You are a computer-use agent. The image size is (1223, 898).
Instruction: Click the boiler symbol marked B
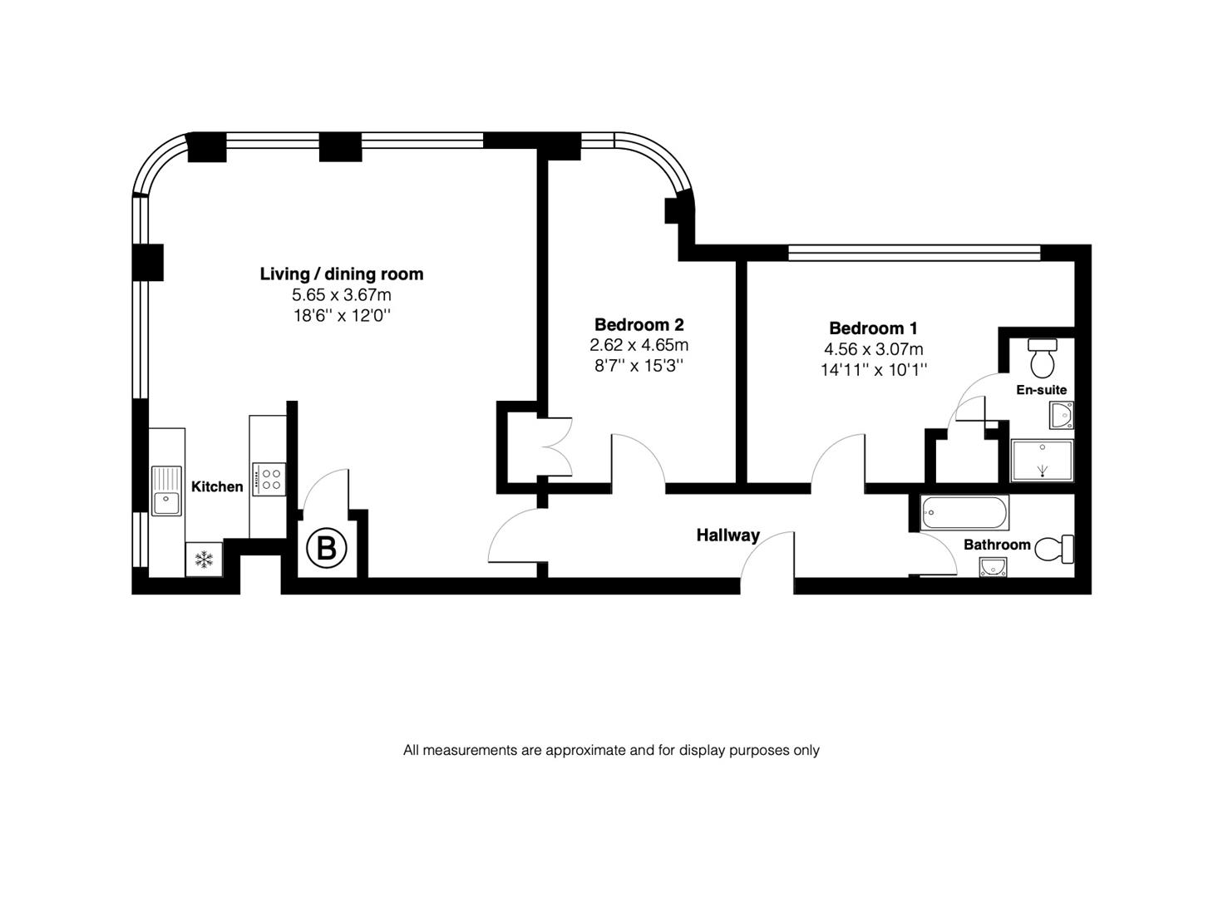pos(327,549)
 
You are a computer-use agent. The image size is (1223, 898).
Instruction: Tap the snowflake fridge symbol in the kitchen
pos(204,560)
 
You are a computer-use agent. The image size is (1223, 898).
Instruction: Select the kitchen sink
pos(166,491)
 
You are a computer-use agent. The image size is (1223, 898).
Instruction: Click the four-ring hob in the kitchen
pos(269,479)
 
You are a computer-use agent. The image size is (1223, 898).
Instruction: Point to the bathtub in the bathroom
pos(965,512)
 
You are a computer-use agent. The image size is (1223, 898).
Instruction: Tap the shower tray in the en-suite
pos(1042,460)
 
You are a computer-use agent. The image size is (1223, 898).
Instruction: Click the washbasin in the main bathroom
pos(993,567)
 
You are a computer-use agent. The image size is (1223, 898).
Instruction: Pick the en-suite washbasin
pos(1061,415)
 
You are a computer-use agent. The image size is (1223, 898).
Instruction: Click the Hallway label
pos(727,535)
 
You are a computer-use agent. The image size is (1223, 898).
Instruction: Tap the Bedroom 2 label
pos(639,324)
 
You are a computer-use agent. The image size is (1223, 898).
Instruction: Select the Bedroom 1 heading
pos(873,328)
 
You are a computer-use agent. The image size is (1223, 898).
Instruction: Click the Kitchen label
pos(217,486)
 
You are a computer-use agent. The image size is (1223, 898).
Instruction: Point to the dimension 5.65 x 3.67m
pos(341,295)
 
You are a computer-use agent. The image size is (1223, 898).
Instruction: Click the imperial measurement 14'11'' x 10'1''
pos(873,370)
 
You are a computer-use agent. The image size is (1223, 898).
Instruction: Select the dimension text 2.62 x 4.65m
pos(639,345)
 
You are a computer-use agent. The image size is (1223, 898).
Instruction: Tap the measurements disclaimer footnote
pos(611,750)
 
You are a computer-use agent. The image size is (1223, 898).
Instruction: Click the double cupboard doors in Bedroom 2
pos(555,447)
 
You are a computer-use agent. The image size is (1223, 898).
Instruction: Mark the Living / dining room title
pos(341,274)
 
